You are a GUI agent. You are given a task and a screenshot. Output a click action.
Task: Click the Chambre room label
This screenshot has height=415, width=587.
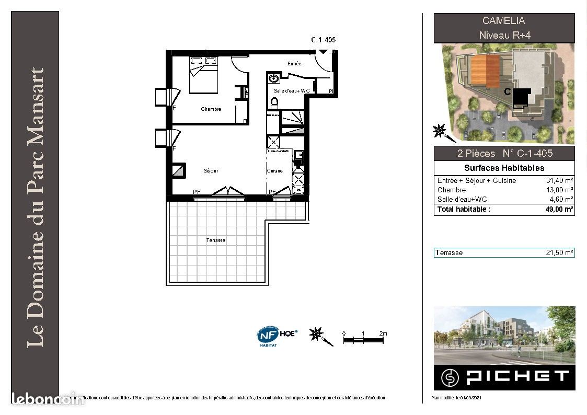click(211, 109)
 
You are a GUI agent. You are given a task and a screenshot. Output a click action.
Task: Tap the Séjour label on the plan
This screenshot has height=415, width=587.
click(211, 171)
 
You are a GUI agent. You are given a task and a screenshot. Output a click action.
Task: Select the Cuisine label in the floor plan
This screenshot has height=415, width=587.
click(274, 171)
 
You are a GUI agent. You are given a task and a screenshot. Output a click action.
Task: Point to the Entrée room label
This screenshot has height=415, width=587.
click(294, 64)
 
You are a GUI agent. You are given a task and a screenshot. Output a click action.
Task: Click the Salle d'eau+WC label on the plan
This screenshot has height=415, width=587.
click(292, 91)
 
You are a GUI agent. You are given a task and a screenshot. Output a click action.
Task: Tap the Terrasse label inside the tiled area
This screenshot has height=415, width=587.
click(215, 240)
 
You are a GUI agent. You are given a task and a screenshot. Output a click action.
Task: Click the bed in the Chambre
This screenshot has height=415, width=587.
click(203, 75)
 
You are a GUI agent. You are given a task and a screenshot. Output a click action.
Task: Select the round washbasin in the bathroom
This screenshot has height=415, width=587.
click(274, 79)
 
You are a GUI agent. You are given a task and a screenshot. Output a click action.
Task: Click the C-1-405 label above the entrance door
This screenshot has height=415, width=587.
click(323, 40)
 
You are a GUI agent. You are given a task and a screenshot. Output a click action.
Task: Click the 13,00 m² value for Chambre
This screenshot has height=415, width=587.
click(559, 190)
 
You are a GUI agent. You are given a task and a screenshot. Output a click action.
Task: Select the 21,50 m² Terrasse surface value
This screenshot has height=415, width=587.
click(559, 253)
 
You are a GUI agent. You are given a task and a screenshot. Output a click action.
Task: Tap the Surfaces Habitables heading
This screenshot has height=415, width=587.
click(504, 168)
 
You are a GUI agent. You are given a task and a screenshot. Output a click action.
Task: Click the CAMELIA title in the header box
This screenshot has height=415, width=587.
click(504, 21)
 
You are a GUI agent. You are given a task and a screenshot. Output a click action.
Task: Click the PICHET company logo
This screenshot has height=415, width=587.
click(504, 376)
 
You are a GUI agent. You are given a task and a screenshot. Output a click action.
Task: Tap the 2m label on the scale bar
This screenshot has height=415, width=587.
click(383, 333)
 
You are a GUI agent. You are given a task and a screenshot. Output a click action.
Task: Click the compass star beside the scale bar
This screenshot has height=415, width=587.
click(317, 335)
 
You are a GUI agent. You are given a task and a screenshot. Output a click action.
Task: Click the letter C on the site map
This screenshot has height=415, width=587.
click(507, 91)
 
